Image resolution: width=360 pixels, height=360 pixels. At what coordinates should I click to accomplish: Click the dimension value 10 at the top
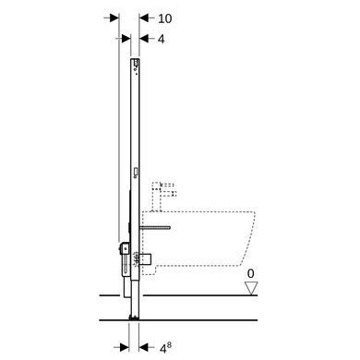(x=165, y=18)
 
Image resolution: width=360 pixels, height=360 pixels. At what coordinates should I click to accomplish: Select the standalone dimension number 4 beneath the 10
(x=162, y=39)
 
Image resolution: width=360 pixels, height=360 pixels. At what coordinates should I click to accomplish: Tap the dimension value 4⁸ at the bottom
(x=166, y=348)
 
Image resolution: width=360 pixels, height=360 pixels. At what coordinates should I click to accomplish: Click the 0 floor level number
(x=251, y=273)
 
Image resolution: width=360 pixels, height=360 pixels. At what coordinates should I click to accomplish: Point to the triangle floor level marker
(x=251, y=288)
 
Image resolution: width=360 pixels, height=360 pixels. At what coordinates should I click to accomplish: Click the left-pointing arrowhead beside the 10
(x=144, y=18)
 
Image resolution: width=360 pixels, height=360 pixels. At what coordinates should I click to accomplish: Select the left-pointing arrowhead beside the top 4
(x=144, y=39)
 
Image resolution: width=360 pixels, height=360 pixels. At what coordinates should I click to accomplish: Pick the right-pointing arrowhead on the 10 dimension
(x=114, y=18)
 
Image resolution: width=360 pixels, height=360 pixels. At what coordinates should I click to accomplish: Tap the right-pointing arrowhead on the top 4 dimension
(x=126, y=39)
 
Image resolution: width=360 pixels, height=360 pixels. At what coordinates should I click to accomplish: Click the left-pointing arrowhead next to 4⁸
(x=144, y=348)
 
